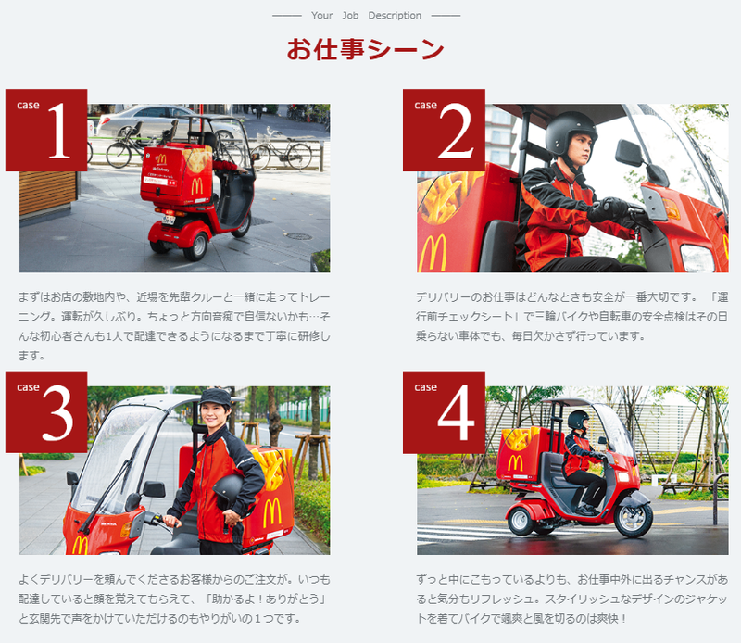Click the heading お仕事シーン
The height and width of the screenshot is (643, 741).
365,49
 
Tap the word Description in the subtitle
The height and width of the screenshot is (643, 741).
395,16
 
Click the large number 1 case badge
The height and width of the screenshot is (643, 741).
46,130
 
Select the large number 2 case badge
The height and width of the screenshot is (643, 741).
444,130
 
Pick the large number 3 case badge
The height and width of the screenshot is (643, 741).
46,411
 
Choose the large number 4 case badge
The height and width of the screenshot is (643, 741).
444,411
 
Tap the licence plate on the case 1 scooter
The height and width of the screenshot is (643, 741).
169,220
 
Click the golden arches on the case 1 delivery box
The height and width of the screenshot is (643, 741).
197,186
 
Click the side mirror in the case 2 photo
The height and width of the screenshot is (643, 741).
629,153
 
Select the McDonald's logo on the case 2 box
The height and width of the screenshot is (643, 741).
433,254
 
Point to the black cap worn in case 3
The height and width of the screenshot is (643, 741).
216,397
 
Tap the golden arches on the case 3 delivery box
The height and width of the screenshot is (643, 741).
272,513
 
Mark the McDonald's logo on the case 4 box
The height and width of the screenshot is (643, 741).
515,462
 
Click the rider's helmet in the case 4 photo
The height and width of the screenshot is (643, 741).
578,420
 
